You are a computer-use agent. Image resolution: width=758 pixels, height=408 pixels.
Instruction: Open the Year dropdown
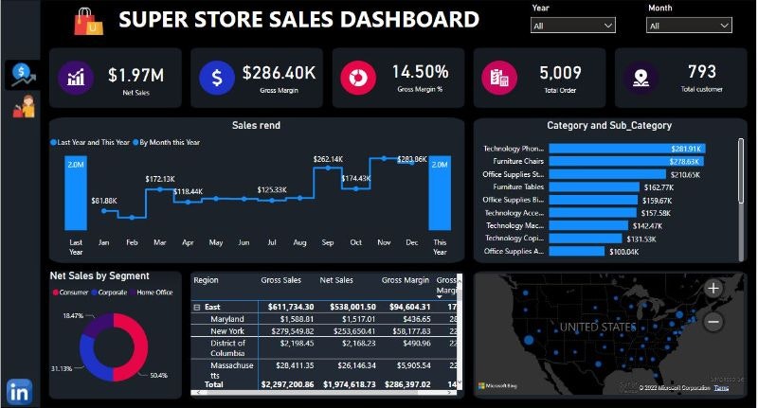[573, 26]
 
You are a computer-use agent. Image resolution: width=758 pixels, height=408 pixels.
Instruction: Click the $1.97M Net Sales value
[135, 75]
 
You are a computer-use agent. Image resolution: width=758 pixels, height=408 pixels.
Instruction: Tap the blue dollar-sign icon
[216, 77]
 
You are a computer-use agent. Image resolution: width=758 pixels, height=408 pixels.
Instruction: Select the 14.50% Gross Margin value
[420, 72]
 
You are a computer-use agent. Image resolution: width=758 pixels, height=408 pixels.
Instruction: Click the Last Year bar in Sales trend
[76, 193]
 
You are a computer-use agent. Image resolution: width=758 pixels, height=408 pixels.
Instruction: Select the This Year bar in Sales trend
[440, 193]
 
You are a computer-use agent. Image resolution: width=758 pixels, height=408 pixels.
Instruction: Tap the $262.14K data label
[328, 159]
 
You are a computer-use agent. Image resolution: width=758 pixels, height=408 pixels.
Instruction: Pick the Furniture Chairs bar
[596, 162]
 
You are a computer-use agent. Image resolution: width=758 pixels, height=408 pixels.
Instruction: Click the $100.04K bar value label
[623, 252]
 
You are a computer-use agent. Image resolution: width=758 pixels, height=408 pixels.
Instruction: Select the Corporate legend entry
[112, 293]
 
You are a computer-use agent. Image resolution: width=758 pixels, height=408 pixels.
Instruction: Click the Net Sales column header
[336, 281]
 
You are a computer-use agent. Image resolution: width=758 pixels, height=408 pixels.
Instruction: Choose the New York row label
[227, 332]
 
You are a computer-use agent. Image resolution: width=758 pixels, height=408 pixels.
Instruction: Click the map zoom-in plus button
[713, 289]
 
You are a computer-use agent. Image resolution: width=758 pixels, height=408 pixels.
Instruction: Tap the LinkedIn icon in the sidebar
[19, 390]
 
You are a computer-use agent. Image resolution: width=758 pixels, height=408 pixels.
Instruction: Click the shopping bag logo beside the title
[91, 20]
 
